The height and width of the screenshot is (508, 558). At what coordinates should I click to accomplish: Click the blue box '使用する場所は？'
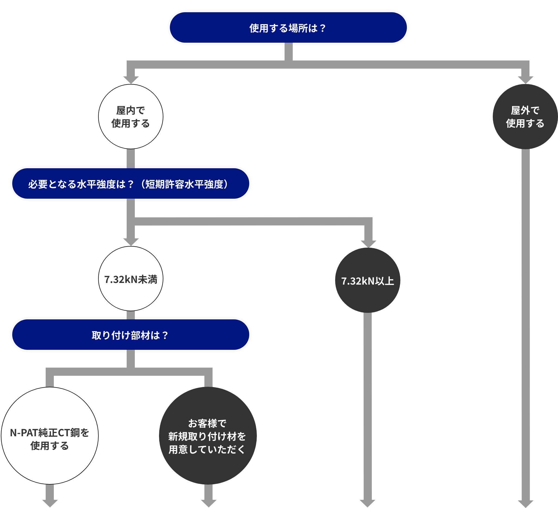pyautogui.click(x=288, y=27)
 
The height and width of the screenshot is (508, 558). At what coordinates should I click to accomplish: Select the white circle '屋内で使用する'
pyautogui.click(x=131, y=117)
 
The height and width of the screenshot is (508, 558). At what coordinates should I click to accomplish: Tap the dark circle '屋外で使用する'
pyautogui.click(x=525, y=117)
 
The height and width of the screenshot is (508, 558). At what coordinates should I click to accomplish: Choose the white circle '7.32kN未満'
pyautogui.click(x=131, y=279)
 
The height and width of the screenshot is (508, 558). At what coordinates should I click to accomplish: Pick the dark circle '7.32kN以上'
pyautogui.click(x=367, y=281)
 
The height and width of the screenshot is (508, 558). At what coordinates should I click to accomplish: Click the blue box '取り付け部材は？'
pyautogui.click(x=131, y=335)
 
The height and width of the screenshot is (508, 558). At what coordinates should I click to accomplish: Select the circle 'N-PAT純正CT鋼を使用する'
pyautogui.click(x=50, y=436)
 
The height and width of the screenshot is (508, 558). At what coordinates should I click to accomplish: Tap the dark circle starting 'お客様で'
pyautogui.click(x=208, y=436)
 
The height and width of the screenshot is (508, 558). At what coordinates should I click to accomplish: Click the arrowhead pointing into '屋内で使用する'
pyautogui.click(x=131, y=80)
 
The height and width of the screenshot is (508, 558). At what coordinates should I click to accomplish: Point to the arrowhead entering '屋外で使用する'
pyautogui.click(x=525, y=80)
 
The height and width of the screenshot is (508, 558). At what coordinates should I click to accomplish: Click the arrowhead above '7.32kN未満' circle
pyautogui.click(x=131, y=242)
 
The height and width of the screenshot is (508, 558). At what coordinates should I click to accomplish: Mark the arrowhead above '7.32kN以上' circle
pyautogui.click(x=368, y=244)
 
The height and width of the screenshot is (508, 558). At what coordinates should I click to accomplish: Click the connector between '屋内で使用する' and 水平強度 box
pyautogui.click(x=131, y=159)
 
